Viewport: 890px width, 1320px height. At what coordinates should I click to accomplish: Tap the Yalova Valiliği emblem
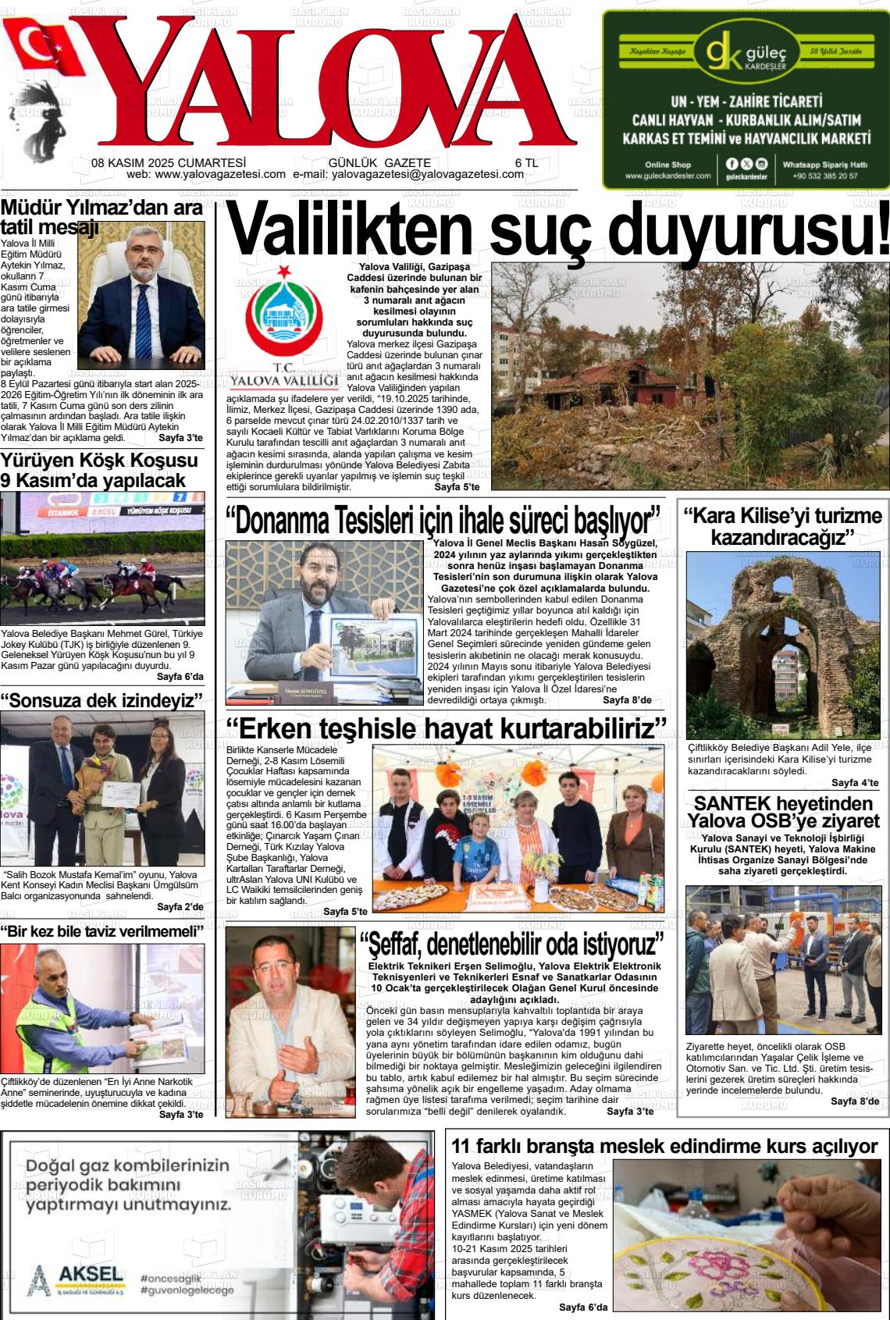point(283,312)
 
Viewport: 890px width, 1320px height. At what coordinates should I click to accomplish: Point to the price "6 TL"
point(526,163)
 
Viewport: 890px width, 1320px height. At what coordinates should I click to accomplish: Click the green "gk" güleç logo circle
point(724,52)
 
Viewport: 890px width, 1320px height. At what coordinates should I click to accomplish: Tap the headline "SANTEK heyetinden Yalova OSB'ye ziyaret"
point(782,812)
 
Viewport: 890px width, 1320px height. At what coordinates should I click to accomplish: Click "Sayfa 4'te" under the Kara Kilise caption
point(855,783)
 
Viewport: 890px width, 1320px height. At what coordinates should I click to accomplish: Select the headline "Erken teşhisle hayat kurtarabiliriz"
point(446,728)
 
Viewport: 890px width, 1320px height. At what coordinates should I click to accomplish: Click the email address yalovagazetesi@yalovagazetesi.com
point(427,175)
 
